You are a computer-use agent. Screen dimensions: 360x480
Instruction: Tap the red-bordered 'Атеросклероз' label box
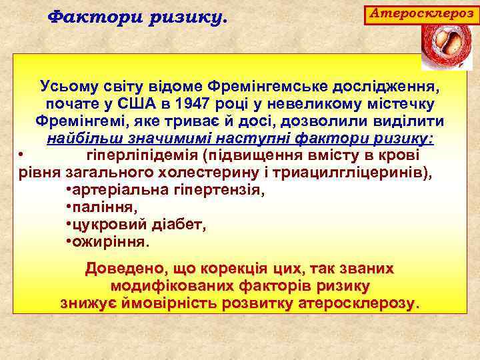click(421, 13)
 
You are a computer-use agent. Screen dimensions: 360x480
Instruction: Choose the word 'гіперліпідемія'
click(143, 156)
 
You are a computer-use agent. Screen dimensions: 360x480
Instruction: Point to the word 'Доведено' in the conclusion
click(126, 269)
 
